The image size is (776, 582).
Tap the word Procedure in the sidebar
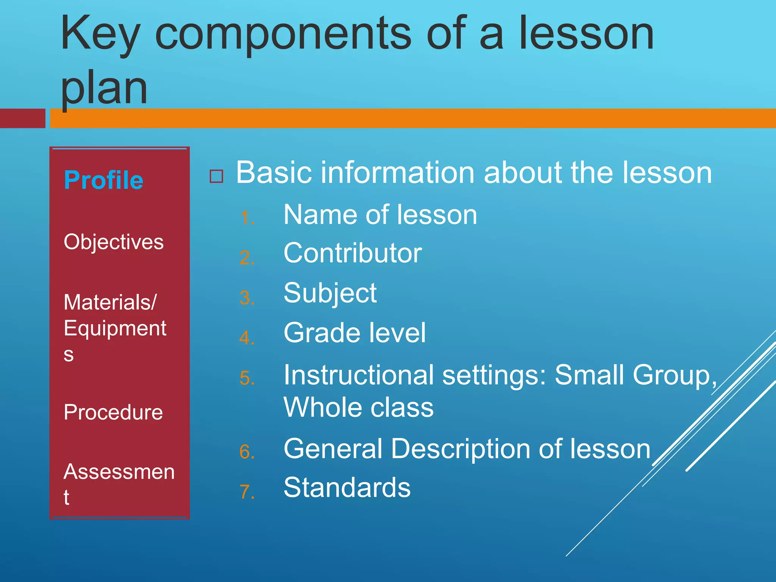[x=113, y=412]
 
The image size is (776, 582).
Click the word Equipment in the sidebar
[x=115, y=328]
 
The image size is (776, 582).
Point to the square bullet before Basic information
[x=216, y=176]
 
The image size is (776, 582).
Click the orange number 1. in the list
[x=247, y=218]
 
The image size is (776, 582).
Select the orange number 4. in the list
[x=247, y=338]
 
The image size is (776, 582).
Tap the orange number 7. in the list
[x=247, y=492]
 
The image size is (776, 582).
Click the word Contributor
[x=352, y=253]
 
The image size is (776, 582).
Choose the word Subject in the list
[x=330, y=293]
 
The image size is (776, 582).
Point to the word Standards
[x=347, y=487]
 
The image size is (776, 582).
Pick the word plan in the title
[x=104, y=89]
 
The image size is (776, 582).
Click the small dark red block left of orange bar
[x=22, y=118]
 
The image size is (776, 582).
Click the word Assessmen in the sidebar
[x=119, y=472]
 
